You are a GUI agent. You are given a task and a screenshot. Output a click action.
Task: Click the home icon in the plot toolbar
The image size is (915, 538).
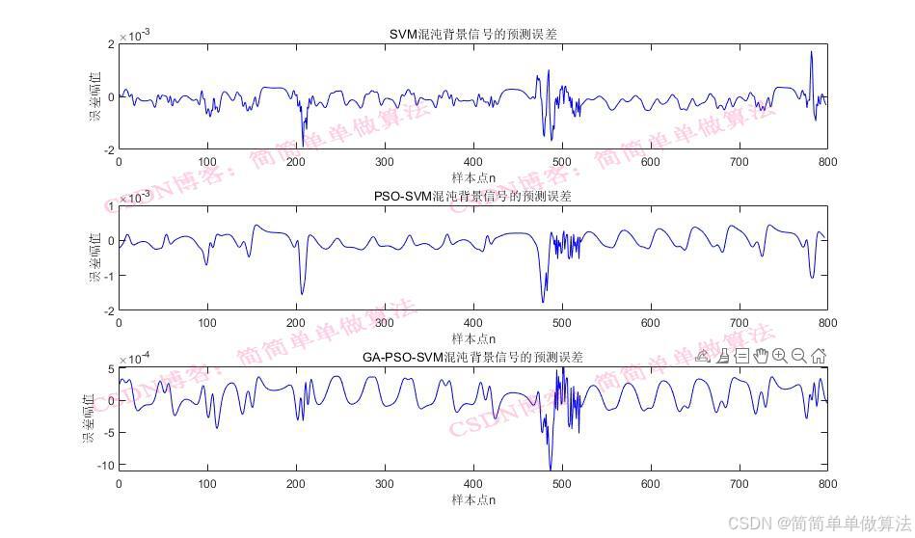819,356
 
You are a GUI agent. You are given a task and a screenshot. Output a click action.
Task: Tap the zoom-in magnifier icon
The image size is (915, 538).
780,356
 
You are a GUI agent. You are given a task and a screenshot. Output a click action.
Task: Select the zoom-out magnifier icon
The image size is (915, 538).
799,356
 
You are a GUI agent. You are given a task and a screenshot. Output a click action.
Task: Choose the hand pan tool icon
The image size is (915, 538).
761,356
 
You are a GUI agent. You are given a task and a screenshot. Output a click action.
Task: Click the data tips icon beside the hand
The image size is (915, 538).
741,356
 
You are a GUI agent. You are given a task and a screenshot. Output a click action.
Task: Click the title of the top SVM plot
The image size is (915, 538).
472,35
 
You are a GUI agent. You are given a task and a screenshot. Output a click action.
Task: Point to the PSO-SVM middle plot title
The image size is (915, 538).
472,197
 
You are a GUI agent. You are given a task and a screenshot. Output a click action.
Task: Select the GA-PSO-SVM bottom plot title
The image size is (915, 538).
472,358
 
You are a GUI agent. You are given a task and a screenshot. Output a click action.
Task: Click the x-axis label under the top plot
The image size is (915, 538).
472,177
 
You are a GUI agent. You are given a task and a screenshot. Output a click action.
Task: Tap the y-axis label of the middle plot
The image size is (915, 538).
95,257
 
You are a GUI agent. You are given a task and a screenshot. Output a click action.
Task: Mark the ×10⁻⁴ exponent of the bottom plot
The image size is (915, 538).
134,359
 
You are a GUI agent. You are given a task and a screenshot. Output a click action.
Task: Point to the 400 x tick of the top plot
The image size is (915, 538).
472,163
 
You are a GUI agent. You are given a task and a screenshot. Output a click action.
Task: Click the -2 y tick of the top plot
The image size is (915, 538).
109,150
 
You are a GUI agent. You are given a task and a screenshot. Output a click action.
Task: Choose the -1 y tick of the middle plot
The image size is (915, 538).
109,276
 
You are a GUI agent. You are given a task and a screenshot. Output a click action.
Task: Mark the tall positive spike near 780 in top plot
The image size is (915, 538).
811,53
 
